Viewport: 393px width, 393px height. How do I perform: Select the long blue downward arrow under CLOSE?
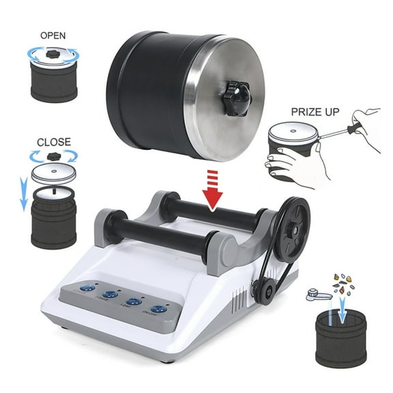tap(22, 192)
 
